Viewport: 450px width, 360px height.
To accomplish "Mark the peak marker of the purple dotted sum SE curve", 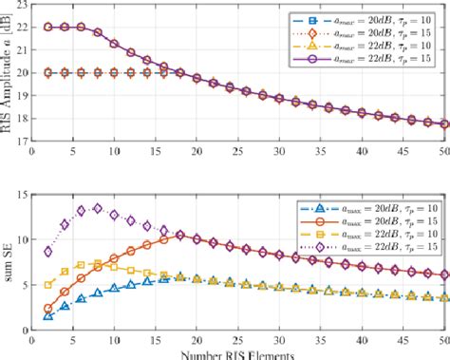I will (x=98, y=208).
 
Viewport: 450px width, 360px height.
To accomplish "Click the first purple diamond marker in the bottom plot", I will (x=48, y=252).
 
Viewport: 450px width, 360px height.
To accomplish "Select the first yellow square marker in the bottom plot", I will (x=48, y=284).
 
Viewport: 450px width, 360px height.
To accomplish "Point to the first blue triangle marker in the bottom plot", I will (x=48, y=314).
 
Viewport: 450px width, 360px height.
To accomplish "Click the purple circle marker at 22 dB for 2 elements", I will (x=48, y=27).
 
